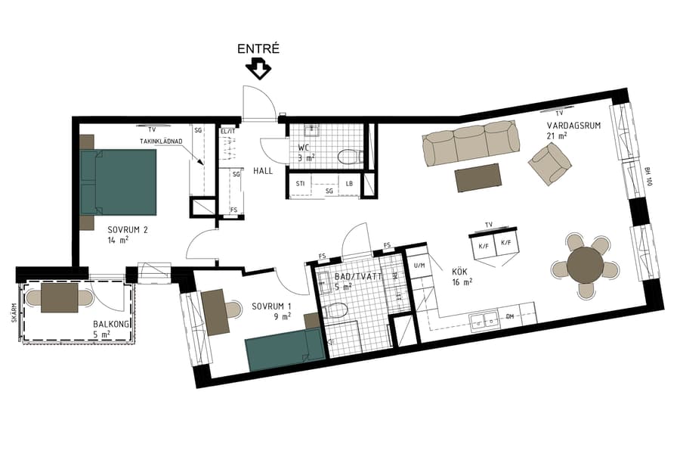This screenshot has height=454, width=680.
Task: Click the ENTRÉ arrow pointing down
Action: pos(259,70)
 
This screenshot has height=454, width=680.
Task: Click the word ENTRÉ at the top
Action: pos(259,48)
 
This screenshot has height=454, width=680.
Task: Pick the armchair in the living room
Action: pos(549,163)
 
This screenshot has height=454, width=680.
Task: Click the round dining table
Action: pos(585,265)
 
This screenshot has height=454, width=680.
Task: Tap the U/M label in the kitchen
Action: pos(419,266)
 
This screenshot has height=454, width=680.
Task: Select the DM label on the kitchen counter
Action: pos(510,317)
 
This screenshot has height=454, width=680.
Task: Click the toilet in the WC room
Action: pos(348,157)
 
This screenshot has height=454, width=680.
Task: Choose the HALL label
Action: pos(263,170)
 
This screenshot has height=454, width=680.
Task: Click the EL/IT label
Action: pos(227,131)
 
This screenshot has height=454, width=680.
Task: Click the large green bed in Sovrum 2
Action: pos(119,182)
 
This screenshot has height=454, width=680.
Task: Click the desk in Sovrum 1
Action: pos(216,313)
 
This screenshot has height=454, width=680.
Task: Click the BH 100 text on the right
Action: pos(648,177)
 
